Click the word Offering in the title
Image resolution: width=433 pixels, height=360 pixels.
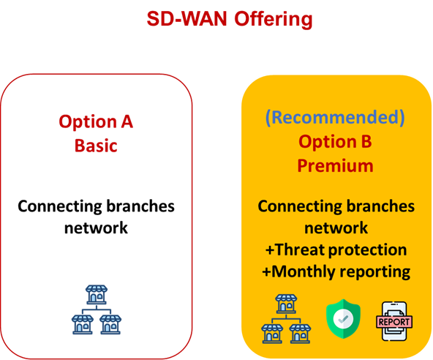(x=274, y=20)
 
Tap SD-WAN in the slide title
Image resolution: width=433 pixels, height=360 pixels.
(x=187, y=18)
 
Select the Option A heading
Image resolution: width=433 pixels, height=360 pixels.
(x=96, y=122)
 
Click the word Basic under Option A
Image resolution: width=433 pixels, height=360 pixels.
(x=96, y=146)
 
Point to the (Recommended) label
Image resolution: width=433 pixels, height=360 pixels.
(x=335, y=117)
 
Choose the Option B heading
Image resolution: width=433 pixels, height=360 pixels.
(x=335, y=141)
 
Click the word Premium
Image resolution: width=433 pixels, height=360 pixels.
(x=335, y=166)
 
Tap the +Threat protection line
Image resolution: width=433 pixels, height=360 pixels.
(x=336, y=250)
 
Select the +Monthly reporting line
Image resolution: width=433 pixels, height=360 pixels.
(x=336, y=271)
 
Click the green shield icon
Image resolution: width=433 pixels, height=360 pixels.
(x=343, y=319)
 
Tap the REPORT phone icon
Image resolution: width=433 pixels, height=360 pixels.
(x=394, y=321)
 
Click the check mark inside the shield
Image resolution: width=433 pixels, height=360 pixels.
(x=343, y=319)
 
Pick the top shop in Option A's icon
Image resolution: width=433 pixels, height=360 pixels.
(x=96, y=295)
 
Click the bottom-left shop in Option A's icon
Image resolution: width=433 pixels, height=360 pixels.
(x=83, y=325)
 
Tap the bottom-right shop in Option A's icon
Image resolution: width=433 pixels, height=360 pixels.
(x=110, y=325)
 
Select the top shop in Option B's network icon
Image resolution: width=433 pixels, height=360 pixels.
(x=286, y=304)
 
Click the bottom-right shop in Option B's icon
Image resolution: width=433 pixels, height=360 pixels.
(x=300, y=334)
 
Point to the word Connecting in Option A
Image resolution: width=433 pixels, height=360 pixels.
(x=60, y=207)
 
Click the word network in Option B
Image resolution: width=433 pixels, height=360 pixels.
(x=336, y=228)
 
